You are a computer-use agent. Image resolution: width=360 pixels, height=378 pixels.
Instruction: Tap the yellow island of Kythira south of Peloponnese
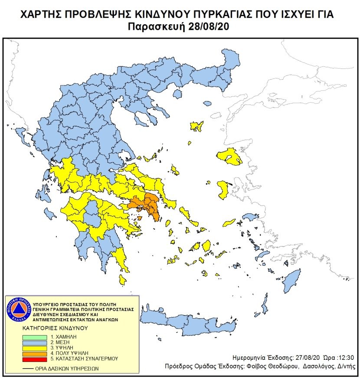tap(123, 280)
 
